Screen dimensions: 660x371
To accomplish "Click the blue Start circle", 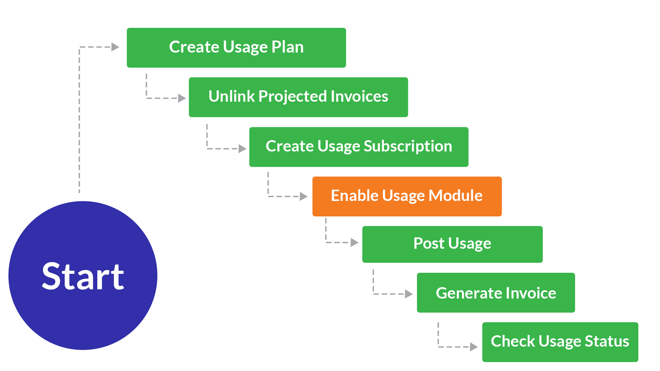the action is click(x=83, y=276).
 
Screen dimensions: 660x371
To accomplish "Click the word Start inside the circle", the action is click(x=83, y=277).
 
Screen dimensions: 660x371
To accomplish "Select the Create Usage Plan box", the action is click(x=236, y=48).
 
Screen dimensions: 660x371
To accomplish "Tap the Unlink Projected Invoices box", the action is click(x=298, y=97).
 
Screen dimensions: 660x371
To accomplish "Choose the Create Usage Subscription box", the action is click(x=359, y=147).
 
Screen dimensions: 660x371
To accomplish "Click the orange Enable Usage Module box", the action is click(x=407, y=196).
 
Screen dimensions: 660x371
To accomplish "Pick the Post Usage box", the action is click(x=452, y=244).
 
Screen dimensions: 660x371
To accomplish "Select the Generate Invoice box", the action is click(x=496, y=293).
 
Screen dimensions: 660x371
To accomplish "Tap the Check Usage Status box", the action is click(x=560, y=342).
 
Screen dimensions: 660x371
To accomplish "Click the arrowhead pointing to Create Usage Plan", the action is click(x=115, y=47).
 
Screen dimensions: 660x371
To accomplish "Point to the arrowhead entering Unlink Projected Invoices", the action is click(x=182, y=98).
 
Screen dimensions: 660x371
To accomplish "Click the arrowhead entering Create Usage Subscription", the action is click(x=243, y=149).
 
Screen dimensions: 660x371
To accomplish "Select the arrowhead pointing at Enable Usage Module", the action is click(x=304, y=196).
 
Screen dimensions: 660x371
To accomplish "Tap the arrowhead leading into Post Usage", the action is click(x=355, y=243).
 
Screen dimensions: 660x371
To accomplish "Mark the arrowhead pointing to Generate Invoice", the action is click(x=409, y=294).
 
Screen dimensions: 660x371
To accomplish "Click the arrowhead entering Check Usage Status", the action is click(x=474, y=347).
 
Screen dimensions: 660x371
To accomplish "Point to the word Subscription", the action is click(x=408, y=147).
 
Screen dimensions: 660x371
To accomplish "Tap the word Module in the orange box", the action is click(x=456, y=195).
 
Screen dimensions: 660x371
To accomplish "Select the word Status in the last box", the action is click(x=607, y=341).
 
